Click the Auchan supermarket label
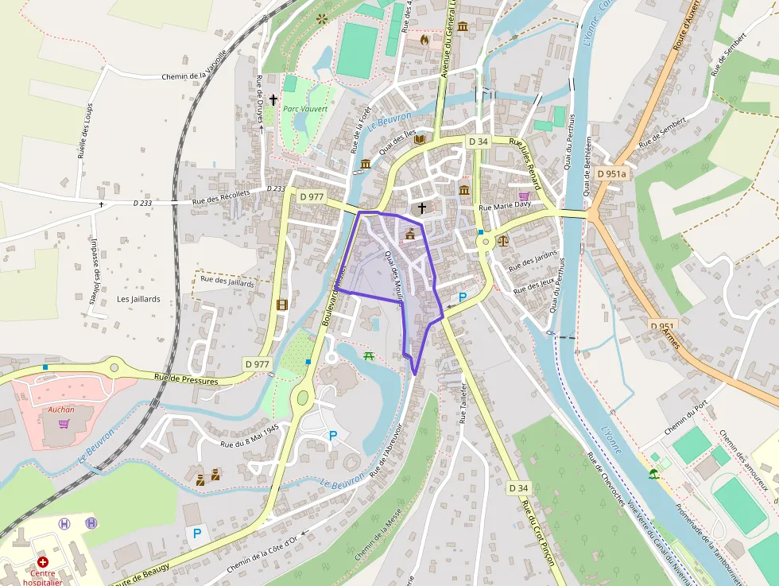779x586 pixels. (61, 409)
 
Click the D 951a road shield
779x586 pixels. (612, 173)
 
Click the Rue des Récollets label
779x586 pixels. (221, 196)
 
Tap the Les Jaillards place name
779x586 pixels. (138, 299)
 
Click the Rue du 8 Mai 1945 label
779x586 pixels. (250, 436)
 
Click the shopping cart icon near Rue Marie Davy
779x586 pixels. (524, 196)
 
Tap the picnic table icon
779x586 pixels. (368, 355)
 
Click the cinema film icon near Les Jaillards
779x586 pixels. (281, 304)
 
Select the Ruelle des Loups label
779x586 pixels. (85, 130)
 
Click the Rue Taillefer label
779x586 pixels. (463, 402)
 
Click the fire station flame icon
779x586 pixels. (424, 38)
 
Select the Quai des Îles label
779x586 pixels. (397, 143)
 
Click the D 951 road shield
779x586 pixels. (662, 326)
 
